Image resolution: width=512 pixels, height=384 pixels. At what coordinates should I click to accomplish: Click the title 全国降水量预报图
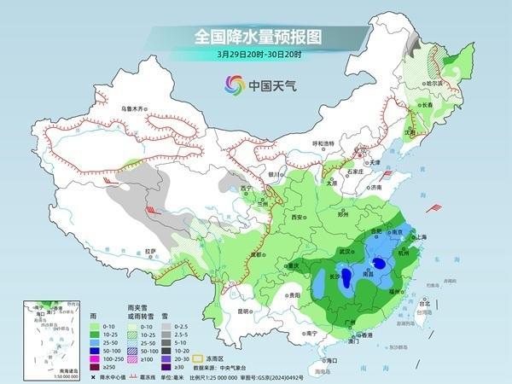(255, 36)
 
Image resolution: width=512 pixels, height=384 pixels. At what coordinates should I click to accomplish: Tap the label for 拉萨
(151, 251)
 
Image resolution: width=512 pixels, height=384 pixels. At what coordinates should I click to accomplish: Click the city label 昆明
(245, 311)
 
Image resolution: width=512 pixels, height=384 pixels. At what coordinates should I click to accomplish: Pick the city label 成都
(251, 253)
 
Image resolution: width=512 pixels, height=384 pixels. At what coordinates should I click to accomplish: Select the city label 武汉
(346, 251)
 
